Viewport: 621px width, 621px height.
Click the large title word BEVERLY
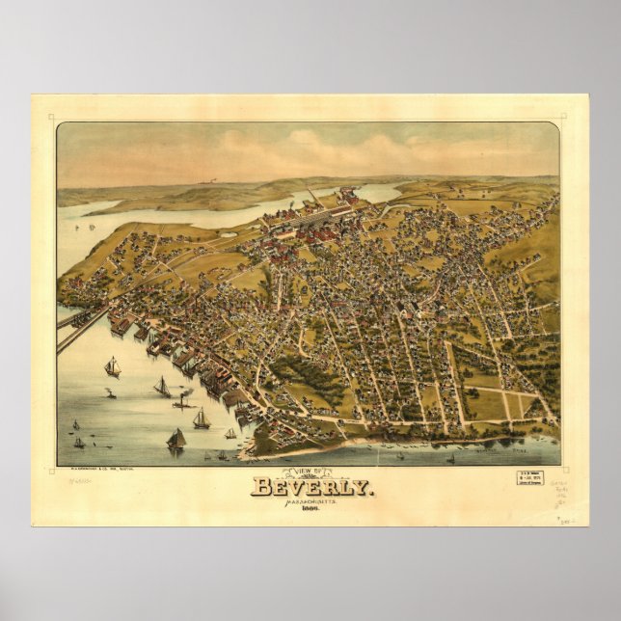click(x=310, y=486)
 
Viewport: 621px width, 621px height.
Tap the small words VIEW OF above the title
click(x=310, y=471)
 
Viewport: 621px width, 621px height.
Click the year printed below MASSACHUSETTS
click(x=310, y=511)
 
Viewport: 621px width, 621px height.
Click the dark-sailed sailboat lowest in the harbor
click(x=175, y=439)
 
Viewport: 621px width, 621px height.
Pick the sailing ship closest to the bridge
click(x=113, y=366)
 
